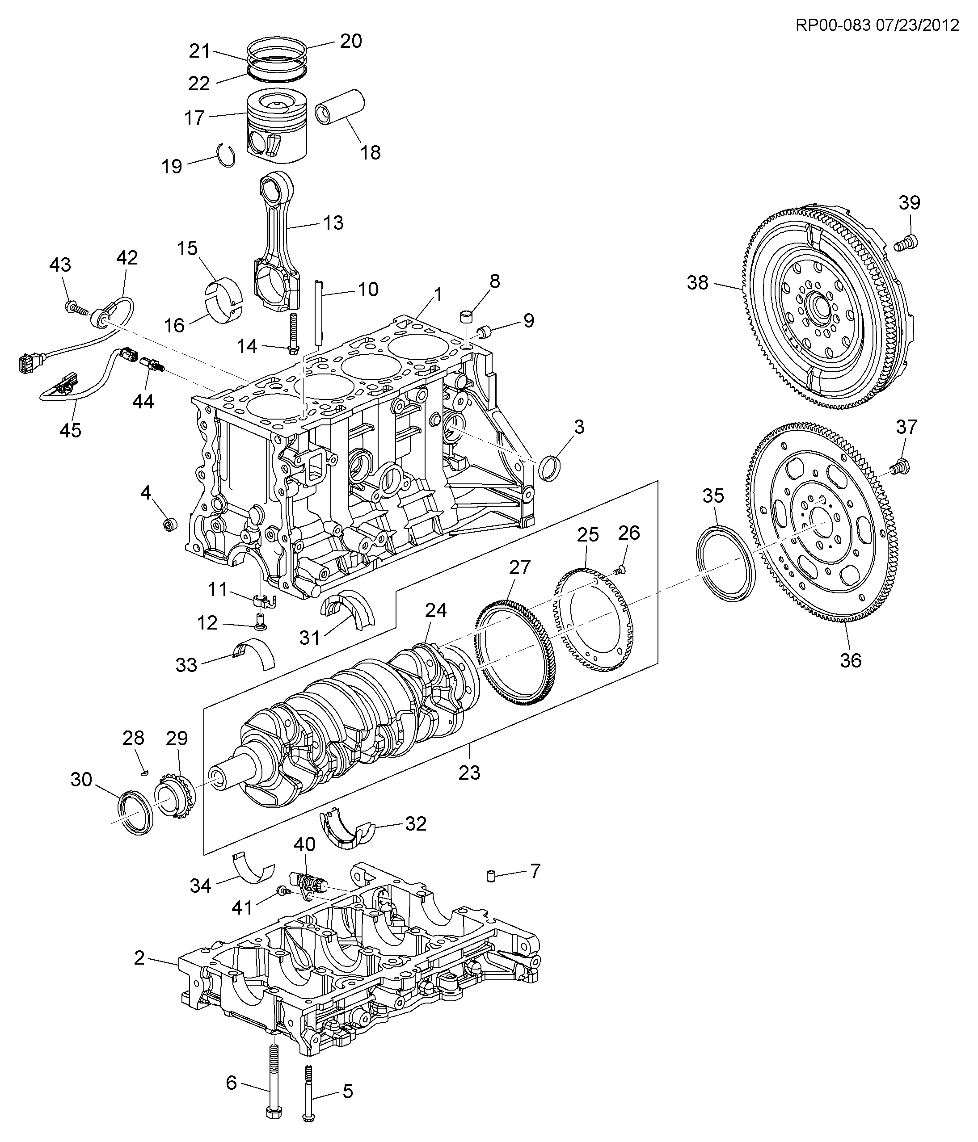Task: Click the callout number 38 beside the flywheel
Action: (697, 283)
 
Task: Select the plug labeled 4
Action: (170, 524)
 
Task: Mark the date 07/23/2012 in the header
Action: (917, 25)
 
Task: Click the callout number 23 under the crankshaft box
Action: (470, 773)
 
